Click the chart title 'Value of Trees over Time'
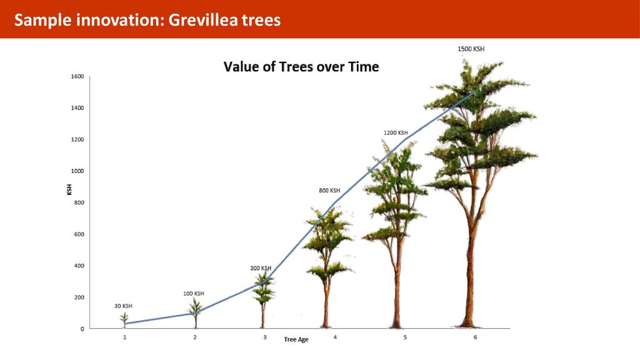pyautogui.click(x=301, y=66)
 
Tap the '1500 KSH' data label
pyautogui.click(x=471, y=49)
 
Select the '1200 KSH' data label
pyautogui.click(x=396, y=132)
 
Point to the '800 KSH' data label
pyautogui.click(x=329, y=191)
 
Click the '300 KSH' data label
pyautogui.click(x=261, y=268)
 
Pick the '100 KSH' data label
pyautogui.click(x=194, y=294)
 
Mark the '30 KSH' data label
pyautogui.click(x=123, y=306)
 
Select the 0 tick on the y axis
pyautogui.click(x=82, y=329)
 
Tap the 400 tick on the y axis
pyautogui.click(x=79, y=266)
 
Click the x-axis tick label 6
pyautogui.click(x=475, y=337)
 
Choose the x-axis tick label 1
pyautogui.click(x=125, y=337)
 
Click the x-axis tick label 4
pyautogui.click(x=335, y=337)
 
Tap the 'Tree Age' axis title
pyautogui.click(x=296, y=339)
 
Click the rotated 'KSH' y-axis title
pyautogui.click(x=69, y=189)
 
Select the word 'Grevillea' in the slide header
pyautogui.click(x=203, y=19)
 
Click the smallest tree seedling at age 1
pyautogui.click(x=124, y=319)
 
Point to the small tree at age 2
pyautogui.click(x=196, y=313)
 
